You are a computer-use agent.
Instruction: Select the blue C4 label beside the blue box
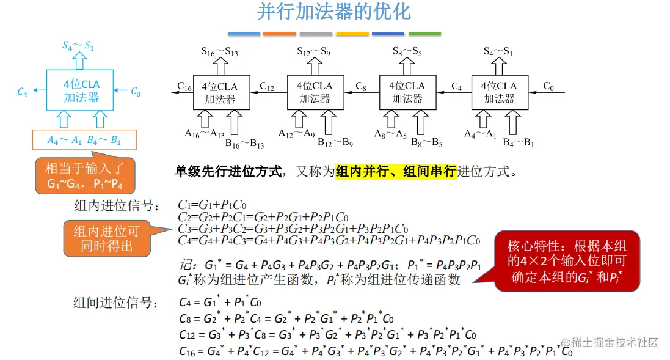click(23, 92)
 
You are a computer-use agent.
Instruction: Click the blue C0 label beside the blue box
click(136, 92)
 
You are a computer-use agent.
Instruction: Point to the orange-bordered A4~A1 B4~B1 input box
click(84, 140)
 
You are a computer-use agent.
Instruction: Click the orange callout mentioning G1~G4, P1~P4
click(85, 176)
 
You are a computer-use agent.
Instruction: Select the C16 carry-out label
click(184, 86)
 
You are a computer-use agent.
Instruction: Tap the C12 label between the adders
click(267, 86)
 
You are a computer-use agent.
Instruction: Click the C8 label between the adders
click(360, 86)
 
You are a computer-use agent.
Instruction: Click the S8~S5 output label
click(407, 51)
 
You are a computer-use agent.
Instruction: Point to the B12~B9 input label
click(335, 144)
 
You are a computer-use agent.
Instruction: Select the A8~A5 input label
click(390, 134)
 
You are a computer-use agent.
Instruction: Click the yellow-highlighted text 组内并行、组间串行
click(396, 172)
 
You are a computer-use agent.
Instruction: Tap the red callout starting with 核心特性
click(567, 262)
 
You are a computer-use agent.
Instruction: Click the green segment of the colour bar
click(424, 34)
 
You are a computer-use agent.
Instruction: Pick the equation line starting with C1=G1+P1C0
click(212, 205)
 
